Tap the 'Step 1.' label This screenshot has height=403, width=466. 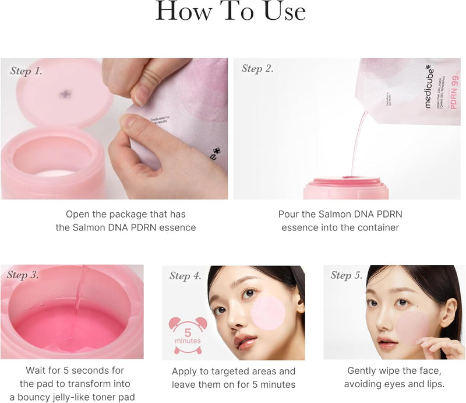[x=26, y=71]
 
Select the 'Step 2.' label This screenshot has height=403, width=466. [x=257, y=69]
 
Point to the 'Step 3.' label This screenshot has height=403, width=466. [x=23, y=275]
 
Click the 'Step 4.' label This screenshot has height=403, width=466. [x=185, y=276]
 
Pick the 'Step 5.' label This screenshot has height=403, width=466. [x=347, y=275]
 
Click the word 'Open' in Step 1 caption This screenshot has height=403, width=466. [x=79, y=214]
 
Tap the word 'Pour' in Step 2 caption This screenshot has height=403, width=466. [x=289, y=214]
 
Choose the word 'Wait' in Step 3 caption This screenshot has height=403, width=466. [x=36, y=370]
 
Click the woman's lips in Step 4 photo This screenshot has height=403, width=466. [x=245, y=339]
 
